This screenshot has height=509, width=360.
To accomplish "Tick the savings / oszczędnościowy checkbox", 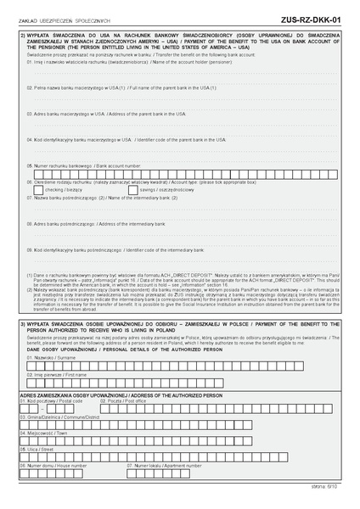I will tap(132, 189).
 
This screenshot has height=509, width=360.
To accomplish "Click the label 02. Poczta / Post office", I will tap(145, 401).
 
